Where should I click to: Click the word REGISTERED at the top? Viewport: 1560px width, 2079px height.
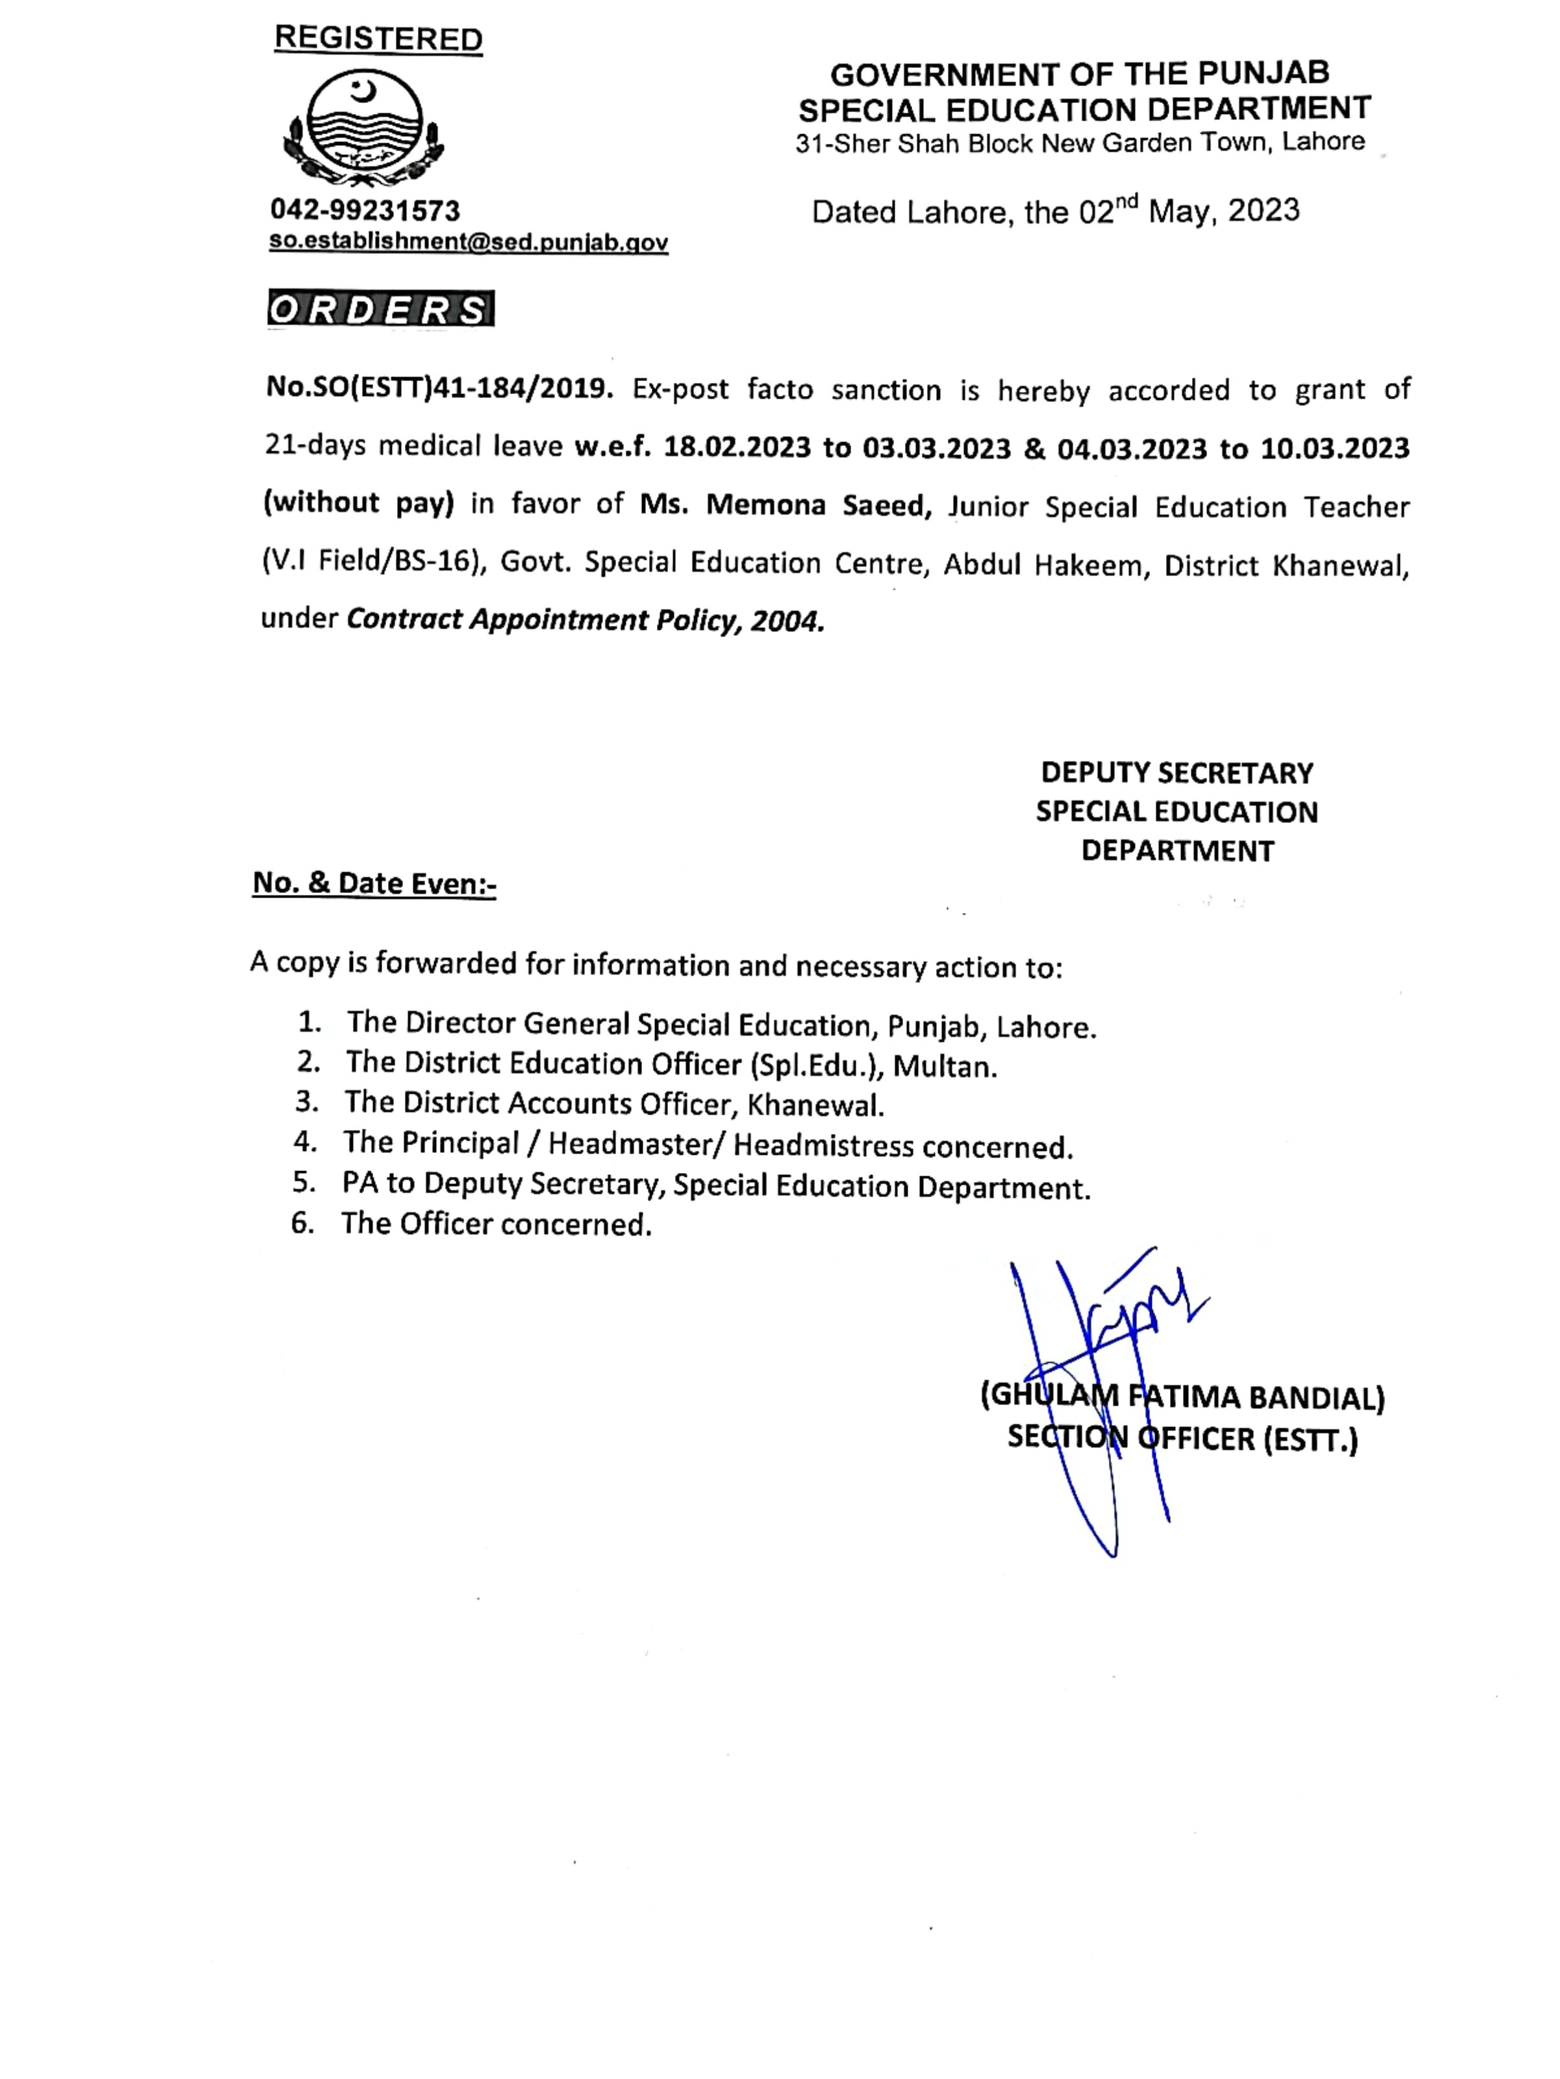[x=378, y=38]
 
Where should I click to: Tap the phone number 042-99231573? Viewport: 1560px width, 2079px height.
[x=365, y=209]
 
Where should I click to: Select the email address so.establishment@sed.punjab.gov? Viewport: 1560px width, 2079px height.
[x=468, y=242]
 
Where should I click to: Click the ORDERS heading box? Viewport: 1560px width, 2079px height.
[x=380, y=309]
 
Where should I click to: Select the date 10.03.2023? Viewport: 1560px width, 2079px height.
[x=1335, y=448]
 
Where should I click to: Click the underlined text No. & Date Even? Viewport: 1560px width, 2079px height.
[x=373, y=883]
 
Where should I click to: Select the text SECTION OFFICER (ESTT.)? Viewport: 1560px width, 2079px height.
[x=1182, y=1439]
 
